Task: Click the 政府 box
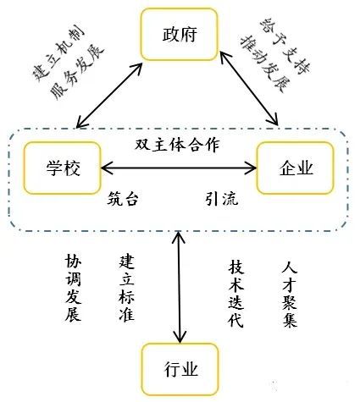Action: click(x=180, y=35)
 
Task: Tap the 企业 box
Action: click(x=296, y=167)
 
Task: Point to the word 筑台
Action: click(x=123, y=200)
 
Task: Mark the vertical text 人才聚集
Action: click(x=289, y=294)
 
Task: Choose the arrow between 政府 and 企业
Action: click(x=249, y=88)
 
